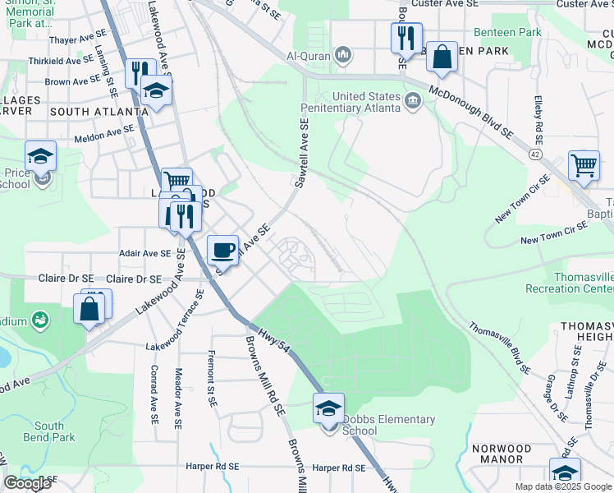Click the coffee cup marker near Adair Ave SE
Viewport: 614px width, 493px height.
point(222,249)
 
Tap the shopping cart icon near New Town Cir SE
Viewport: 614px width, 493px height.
point(584,164)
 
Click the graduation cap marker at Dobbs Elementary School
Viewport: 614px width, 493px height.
point(328,408)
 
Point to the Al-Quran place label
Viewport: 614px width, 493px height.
point(308,56)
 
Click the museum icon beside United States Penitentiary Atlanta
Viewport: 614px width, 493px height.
point(412,102)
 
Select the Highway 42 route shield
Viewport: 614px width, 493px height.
point(535,154)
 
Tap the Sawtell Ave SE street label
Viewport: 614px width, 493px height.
point(302,152)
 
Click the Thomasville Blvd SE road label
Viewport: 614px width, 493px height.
point(499,347)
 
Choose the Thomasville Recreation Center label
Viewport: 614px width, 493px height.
point(581,283)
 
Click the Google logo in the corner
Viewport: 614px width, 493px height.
point(27,483)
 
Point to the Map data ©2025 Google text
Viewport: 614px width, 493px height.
point(563,486)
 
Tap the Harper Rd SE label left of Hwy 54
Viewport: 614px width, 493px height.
point(339,468)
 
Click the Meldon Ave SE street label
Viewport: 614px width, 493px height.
point(104,131)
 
